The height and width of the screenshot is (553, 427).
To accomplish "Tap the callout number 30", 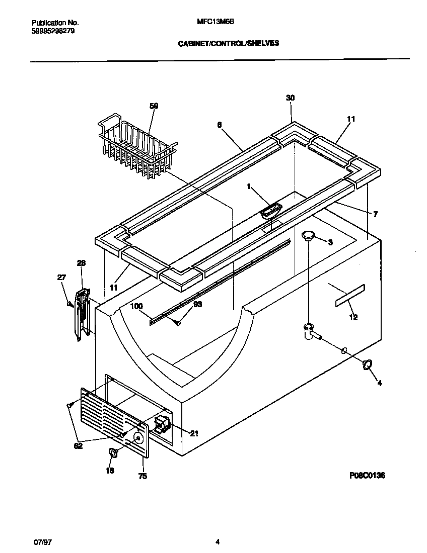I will pos(290,98).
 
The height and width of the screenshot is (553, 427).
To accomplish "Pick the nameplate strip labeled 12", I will pos(349,296).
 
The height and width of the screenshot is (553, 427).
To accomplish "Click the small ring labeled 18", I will pos(113,453).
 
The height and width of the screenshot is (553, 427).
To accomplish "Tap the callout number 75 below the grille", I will pos(143,476).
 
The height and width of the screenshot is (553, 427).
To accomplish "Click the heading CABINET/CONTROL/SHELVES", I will pos(228,44).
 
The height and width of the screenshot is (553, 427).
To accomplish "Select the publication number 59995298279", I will pos(54,30).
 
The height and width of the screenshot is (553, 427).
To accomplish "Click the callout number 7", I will pos(376,214).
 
